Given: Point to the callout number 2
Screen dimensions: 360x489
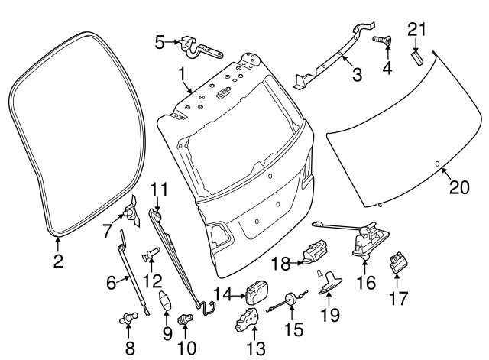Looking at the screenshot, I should click(58, 261).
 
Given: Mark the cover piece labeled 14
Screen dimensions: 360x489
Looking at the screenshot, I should click(256, 292).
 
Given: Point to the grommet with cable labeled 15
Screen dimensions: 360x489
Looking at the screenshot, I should click(291, 300).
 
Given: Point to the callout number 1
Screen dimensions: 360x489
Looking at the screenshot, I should click(182, 73).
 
